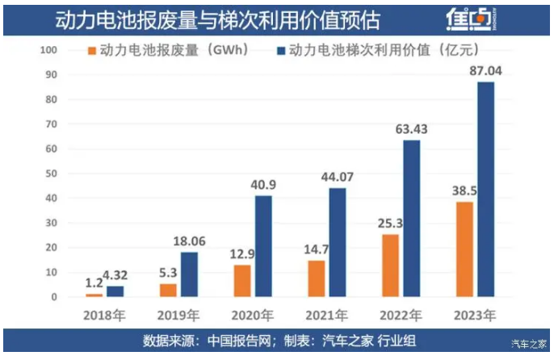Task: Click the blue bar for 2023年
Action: point(485,190)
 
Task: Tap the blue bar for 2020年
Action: point(264,246)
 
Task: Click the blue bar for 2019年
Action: point(189,274)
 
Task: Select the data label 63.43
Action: point(413,129)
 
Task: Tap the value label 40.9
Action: point(264,185)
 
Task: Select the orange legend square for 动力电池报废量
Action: point(92,50)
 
